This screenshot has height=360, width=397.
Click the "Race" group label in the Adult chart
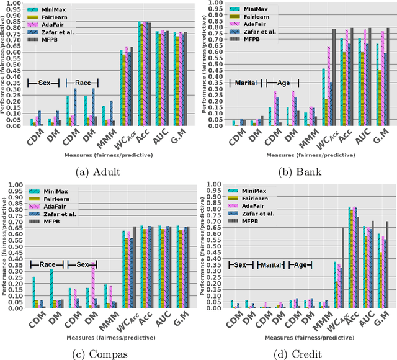pos(79,83)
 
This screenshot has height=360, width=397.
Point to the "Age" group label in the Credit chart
pos(300,264)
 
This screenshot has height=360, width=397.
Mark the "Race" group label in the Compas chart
pos(47,264)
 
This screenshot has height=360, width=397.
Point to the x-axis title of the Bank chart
pos(300,155)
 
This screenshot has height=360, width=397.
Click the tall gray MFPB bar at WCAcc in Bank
pos(333,78)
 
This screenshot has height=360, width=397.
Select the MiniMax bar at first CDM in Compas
pos(33,292)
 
